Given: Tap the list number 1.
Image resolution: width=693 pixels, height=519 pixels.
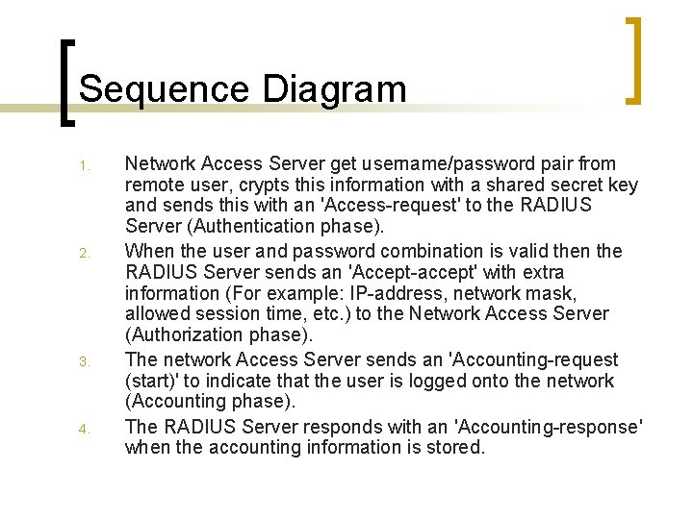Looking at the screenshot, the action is [x=84, y=167].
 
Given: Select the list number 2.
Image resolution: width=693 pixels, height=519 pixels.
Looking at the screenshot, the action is [x=84, y=254].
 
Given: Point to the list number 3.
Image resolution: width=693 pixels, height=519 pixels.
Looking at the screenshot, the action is [x=84, y=362].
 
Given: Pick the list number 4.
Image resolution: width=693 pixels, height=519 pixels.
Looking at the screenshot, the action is [x=84, y=429].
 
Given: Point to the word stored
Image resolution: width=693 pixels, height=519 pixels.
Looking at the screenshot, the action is [x=453, y=447].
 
